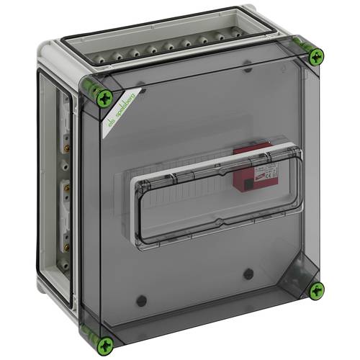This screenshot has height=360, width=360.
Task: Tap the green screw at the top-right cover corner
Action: click(x=315, y=58)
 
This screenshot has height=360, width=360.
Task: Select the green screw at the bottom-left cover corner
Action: click(x=107, y=343)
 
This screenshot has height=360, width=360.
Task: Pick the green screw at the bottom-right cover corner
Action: click(x=315, y=290)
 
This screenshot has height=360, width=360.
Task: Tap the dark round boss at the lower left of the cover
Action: click(x=142, y=300)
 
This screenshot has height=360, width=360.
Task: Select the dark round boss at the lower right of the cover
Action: click(x=248, y=274)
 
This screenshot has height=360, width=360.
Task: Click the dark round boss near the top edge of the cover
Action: click(x=247, y=66)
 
